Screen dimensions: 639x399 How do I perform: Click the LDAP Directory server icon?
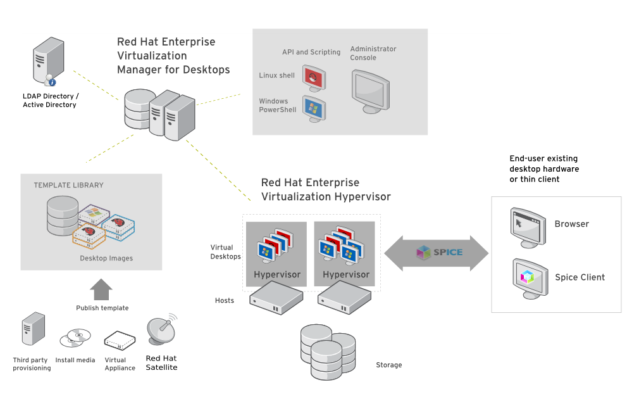click(x=49, y=61)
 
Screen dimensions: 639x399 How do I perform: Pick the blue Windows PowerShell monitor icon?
click(x=314, y=109)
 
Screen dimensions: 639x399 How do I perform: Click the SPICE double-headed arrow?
click(x=436, y=253)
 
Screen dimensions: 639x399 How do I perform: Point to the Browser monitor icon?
click(x=528, y=227)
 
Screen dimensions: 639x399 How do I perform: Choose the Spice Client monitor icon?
click(x=530, y=279)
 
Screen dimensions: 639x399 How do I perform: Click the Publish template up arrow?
click(x=101, y=289)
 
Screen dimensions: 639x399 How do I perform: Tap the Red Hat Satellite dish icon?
click(x=162, y=329)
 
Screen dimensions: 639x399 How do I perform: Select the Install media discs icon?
click(x=75, y=338)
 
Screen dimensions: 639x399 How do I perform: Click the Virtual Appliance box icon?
click(x=120, y=340)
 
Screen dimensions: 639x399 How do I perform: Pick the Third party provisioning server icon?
click(x=33, y=329)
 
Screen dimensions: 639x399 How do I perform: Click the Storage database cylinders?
click(x=328, y=351)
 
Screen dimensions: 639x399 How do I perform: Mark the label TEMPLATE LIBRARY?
click(x=68, y=185)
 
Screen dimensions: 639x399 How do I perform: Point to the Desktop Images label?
click(x=106, y=258)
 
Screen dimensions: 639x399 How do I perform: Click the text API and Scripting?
click(x=311, y=52)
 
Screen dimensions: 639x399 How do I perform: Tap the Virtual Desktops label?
click(x=225, y=251)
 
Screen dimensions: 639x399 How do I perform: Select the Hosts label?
click(x=225, y=301)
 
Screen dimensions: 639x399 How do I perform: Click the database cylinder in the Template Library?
click(x=63, y=216)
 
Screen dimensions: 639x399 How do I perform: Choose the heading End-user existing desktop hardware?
click(x=544, y=163)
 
